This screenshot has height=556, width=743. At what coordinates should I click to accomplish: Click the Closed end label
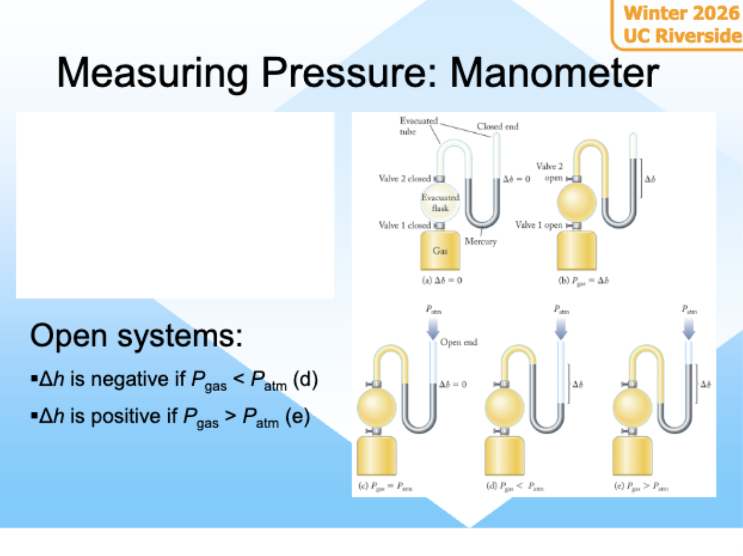(x=497, y=127)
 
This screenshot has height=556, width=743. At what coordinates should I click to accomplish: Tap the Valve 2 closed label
(x=405, y=179)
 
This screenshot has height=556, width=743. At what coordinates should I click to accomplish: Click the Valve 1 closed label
(x=405, y=225)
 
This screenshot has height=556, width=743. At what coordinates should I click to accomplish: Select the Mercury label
(x=481, y=242)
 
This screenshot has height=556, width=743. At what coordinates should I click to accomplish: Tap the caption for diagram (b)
(x=583, y=281)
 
